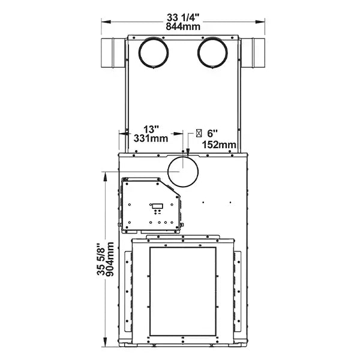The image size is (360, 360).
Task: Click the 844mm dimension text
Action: [183, 26]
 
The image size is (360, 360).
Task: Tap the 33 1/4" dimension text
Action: [183, 17]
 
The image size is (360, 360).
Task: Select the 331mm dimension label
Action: [151, 138]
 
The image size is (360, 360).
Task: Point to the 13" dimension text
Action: [151, 129]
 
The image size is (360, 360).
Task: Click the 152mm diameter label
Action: [219, 145]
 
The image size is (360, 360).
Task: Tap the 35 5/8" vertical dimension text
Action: [101, 259]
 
